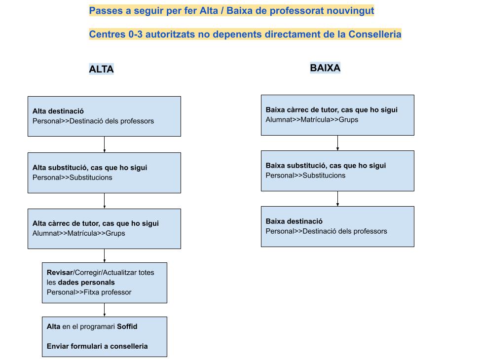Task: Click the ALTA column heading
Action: [x=101, y=69]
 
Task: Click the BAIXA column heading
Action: [x=325, y=68]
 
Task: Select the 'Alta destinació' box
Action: [x=104, y=116]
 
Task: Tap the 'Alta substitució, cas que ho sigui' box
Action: [x=104, y=173]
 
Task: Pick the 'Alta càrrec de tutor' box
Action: [x=104, y=229]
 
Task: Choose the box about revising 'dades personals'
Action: [x=105, y=283]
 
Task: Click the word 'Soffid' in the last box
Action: [x=127, y=326]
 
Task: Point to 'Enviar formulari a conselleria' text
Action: [x=97, y=346]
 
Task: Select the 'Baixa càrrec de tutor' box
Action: [x=337, y=115]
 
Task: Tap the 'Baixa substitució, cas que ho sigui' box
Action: [x=337, y=171]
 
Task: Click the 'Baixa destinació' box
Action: [x=337, y=226]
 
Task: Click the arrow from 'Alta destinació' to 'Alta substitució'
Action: [x=105, y=144]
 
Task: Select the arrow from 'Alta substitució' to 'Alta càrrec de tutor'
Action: [x=105, y=201]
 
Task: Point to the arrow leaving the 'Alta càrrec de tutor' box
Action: [x=105, y=255]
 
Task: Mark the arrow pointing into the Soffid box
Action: [x=105, y=310]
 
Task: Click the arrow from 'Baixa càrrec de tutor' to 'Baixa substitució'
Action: [x=337, y=143]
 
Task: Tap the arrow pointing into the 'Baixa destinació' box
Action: [x=337, y=199]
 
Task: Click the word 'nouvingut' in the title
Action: [x=350, y=11]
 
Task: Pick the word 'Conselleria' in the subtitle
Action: [x=375, y=34]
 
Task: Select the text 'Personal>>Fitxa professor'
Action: [x=89, y=292]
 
